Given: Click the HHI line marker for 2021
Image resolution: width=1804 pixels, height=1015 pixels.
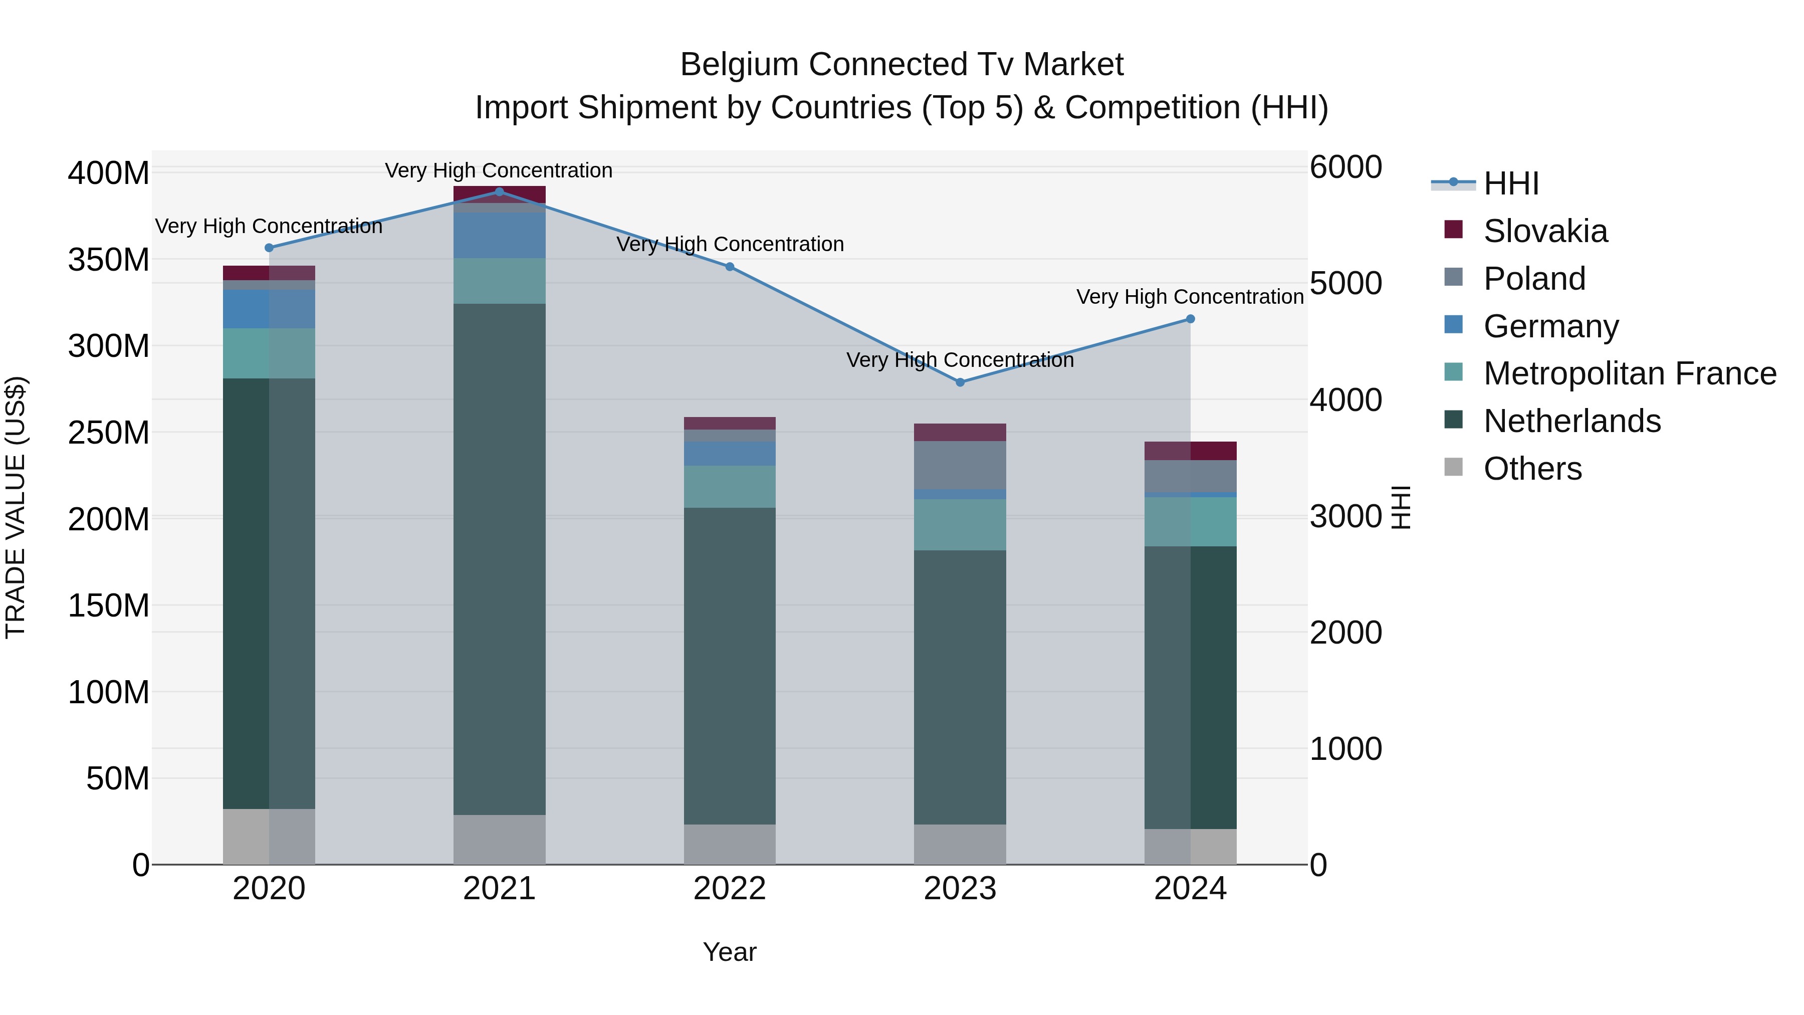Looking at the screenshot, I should [x=499, y=191].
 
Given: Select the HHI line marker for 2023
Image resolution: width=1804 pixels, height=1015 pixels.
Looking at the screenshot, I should [x=960, y=382].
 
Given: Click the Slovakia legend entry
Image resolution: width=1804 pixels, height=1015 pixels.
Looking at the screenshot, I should [x=1544, y=231].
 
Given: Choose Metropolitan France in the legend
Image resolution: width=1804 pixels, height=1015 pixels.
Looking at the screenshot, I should [x=1629, y=373].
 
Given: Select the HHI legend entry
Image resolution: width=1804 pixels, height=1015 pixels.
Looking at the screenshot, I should [x=1510, y=183].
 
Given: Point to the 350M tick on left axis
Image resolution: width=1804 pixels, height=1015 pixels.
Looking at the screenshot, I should [x=109, y=260].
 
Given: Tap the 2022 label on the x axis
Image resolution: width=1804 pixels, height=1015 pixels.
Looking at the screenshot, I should [x=730, y=889].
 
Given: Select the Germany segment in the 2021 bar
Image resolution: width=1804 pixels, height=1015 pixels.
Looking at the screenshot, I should [x=499, y=236].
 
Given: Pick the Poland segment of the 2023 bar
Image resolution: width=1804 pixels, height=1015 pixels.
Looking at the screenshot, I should [x=960, y=465].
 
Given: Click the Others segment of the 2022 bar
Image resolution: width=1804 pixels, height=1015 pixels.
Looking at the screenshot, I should [x=730, y=844].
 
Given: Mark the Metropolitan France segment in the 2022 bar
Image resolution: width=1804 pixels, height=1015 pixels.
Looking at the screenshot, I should [x=730, y=487].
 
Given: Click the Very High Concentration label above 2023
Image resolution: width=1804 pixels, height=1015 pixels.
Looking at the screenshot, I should [x=960, y=360].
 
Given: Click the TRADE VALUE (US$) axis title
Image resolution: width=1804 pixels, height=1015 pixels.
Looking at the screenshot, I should [x=16, y=507].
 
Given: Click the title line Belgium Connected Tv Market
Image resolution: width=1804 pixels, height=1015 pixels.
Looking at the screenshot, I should [x=901, y=65].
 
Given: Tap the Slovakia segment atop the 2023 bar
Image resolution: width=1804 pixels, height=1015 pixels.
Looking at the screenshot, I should [x=960, y=432].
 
